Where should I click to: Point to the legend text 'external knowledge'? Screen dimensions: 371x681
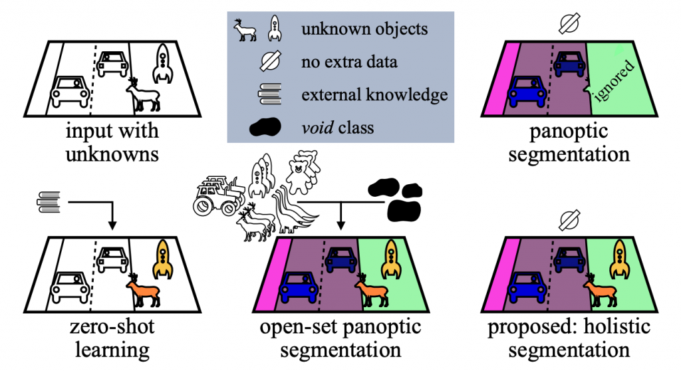pos(374,94)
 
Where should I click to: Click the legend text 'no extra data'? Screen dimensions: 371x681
pos(349,62)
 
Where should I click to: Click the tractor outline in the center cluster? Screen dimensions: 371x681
pos(217,196)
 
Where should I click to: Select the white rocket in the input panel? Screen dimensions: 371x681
pos(162,62)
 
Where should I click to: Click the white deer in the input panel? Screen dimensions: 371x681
pos(144,94)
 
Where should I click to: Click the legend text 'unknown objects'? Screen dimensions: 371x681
pos(364,29)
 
